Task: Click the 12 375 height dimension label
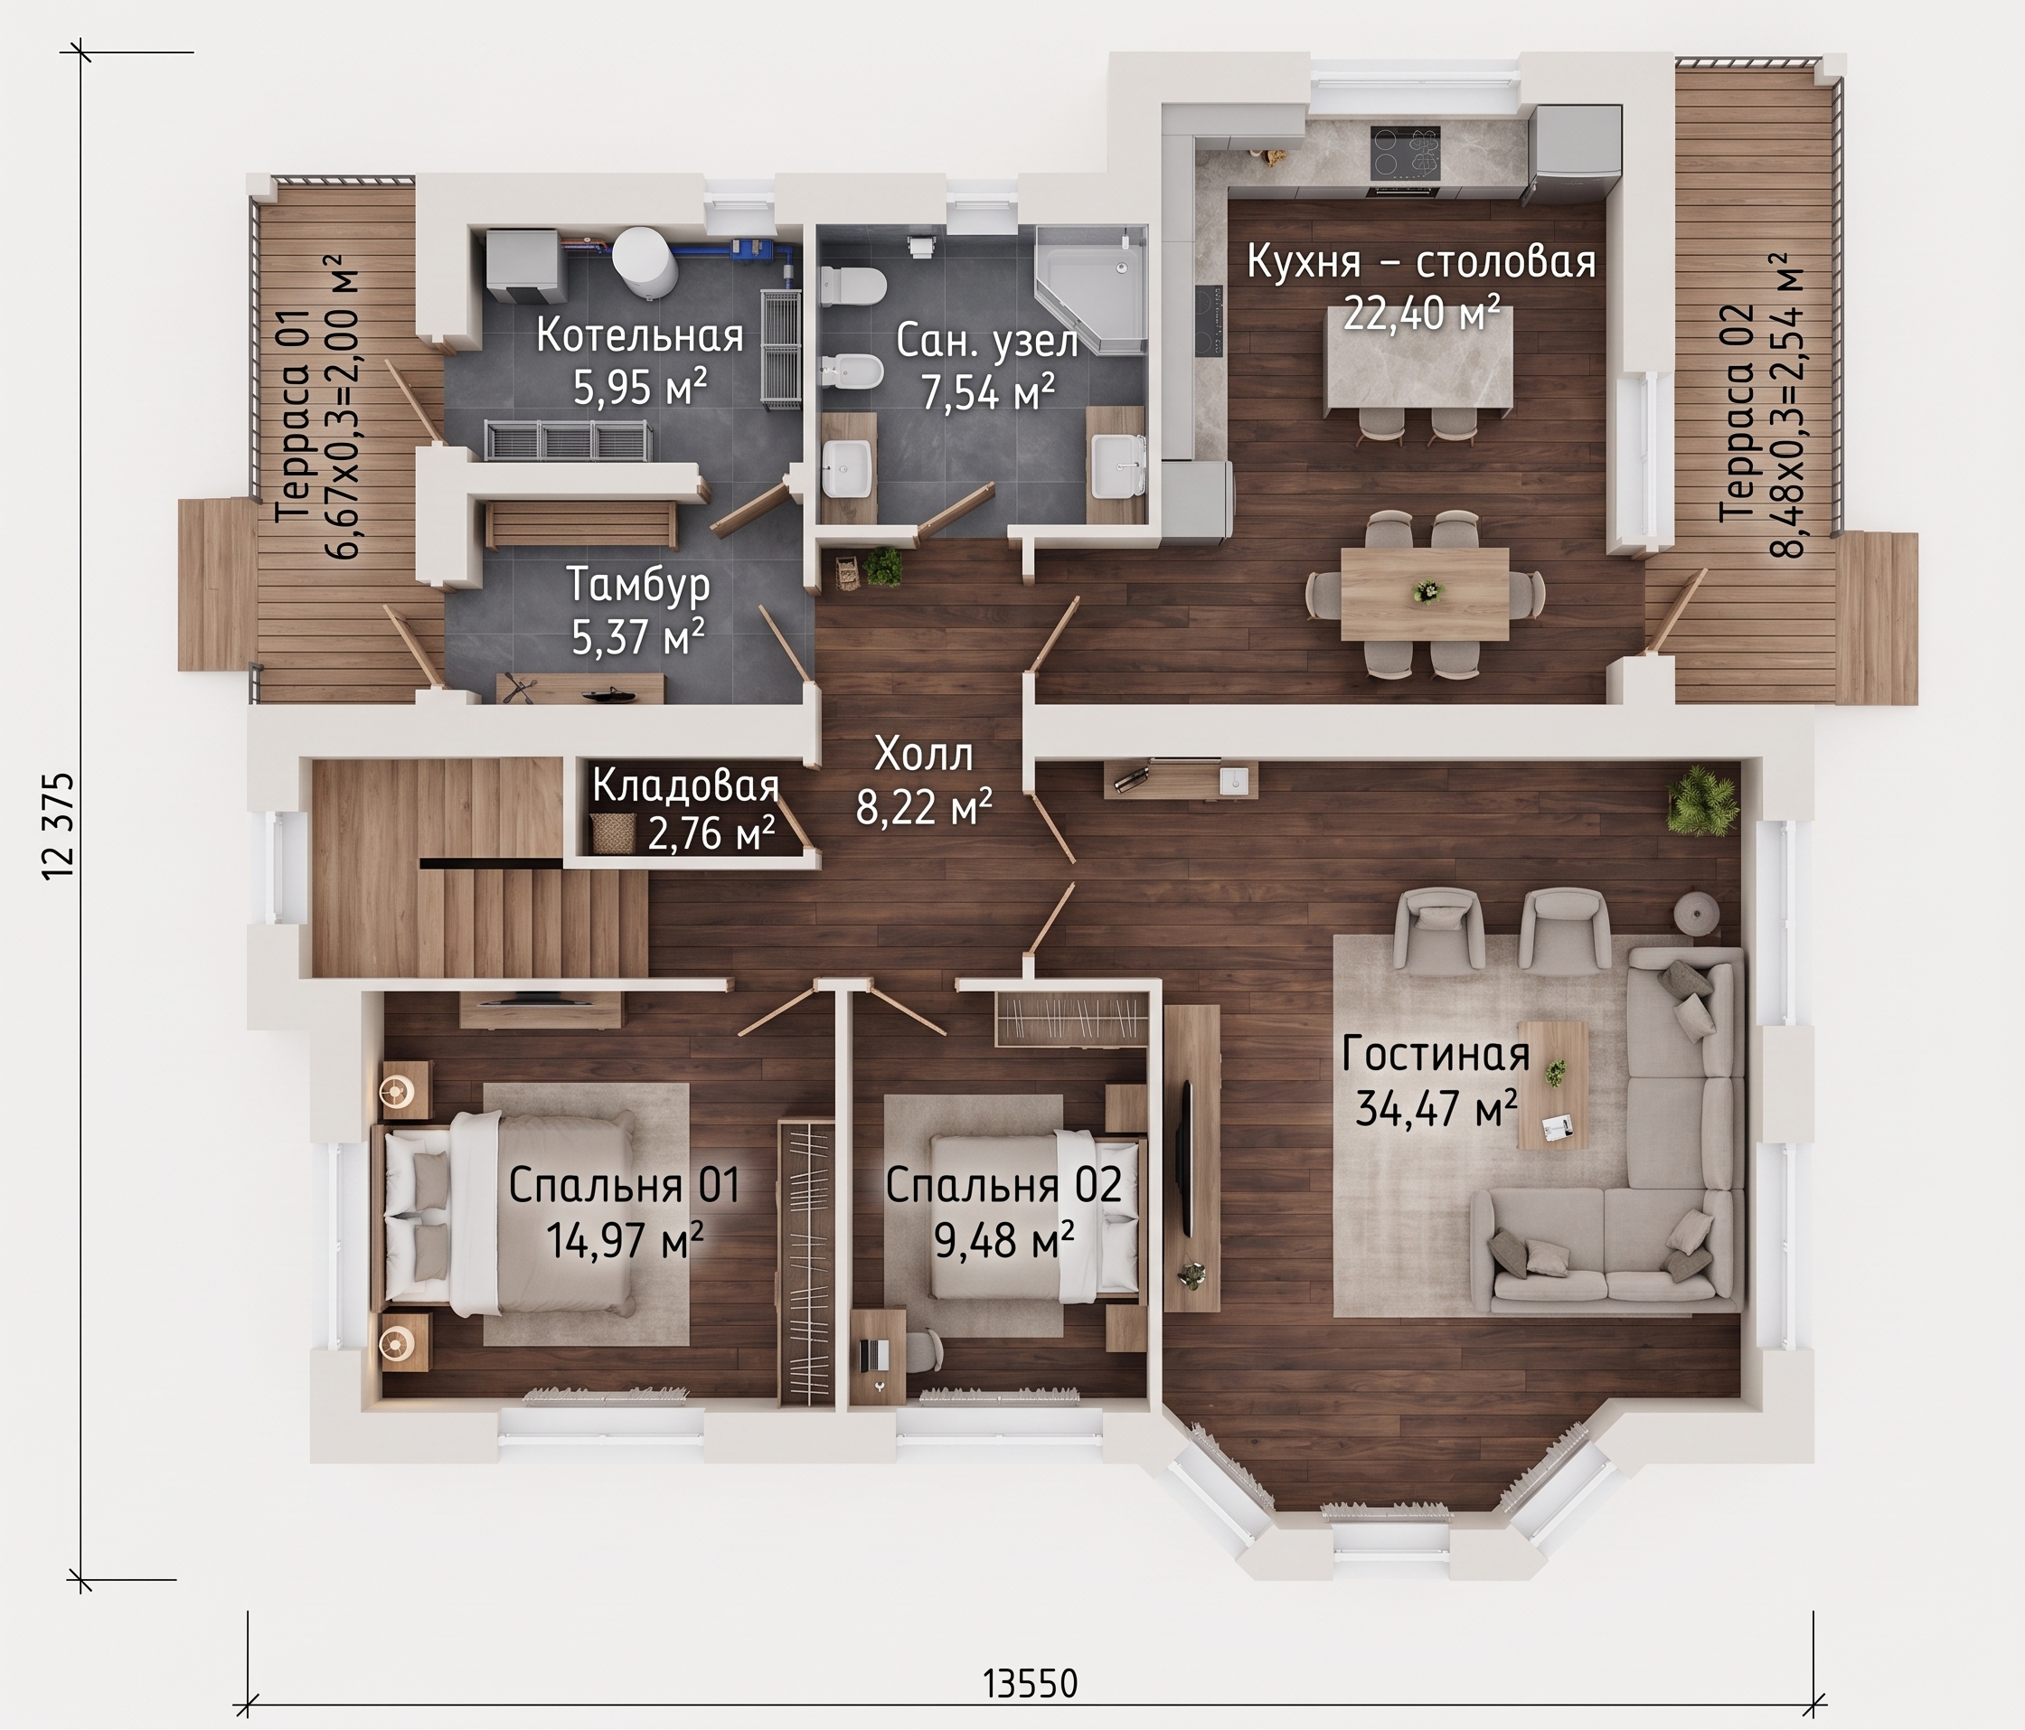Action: [58, 825]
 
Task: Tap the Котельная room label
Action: [640, 336]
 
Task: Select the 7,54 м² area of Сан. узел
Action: [988, 393]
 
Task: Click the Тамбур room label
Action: [639, 586]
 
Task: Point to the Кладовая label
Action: [686, 785]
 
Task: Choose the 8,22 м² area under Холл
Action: [925, 806]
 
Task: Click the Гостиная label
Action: [1436, 1056]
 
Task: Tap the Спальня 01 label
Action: [625, 1186]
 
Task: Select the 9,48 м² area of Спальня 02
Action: [1004, 1240]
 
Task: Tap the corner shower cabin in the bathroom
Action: [1090, 288]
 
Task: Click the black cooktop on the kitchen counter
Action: [1407, 154]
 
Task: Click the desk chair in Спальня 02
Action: [919, 1353]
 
